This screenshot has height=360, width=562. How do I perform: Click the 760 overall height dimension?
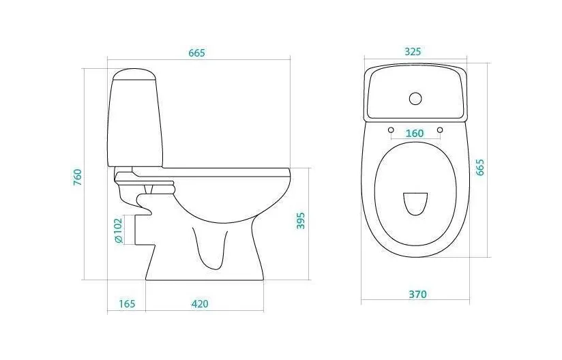78,177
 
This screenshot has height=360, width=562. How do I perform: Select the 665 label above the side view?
197,53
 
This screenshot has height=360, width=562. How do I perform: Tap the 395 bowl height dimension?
301,221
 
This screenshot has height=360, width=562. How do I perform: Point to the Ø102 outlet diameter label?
119,231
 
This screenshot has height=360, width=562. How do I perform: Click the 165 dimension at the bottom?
127,304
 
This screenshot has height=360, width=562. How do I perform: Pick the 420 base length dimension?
199,304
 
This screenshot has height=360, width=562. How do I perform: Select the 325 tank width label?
413,52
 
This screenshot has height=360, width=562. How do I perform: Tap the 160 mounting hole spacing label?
415,133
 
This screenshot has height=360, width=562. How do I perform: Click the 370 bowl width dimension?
418,294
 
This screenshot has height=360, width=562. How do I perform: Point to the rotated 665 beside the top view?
480,167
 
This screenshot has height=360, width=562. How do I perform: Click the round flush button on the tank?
415,98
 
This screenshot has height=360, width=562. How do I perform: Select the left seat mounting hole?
391,130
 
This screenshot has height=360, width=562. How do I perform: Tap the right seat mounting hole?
440,130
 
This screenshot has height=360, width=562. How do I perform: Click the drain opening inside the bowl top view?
415,204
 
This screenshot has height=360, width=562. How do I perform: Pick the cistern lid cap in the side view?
134,74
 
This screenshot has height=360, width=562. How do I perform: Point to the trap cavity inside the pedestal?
211,248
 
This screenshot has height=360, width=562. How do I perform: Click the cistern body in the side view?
135,123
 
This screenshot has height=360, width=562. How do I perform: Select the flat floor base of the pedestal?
205,280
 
